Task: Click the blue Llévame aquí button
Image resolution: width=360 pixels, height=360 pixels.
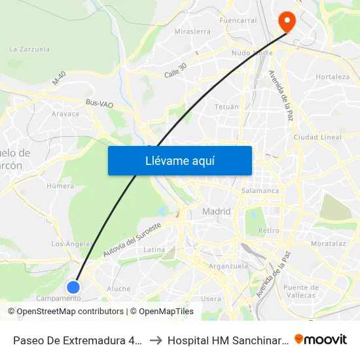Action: (179, 160)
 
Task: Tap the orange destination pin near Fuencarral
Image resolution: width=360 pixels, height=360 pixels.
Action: (287, 21)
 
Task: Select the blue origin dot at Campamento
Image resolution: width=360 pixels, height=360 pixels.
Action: (73, 287)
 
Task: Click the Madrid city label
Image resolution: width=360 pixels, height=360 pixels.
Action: (217, 211)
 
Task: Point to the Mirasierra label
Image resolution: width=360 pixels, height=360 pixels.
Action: (192, 31)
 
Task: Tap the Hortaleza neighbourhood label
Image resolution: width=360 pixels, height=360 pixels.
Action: (333, 77)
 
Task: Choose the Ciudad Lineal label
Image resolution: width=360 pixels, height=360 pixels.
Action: (317, 137)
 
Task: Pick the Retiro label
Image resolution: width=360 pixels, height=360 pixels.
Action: (268, 231)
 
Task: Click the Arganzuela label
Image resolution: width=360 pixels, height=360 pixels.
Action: (227, 266)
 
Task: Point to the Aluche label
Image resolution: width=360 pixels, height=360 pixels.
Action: (118, 289)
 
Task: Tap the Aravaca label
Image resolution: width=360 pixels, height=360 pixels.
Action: (65, 114)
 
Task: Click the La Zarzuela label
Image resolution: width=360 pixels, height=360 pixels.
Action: (29, 49)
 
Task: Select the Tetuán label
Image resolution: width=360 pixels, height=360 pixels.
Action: (226, 106)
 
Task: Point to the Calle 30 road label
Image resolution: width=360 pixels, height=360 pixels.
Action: (175, 70)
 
